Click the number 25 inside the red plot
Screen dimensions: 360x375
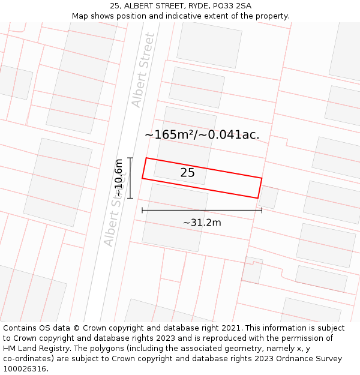click(x=187, y=173)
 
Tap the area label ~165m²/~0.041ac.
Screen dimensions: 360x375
click(x=202, y=134)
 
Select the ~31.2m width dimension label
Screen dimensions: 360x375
click(x=202, y=223)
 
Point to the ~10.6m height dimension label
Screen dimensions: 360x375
click(x=119, y=178)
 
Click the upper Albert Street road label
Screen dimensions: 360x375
click(x=143, y=70)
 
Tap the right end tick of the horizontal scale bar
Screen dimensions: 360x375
click(x=262, y=210)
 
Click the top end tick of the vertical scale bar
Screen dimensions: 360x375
click(x=130, y=158)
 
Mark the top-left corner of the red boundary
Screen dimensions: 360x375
click(x=146, y=158)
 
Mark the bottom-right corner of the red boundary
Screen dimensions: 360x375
click(x=257, y=198)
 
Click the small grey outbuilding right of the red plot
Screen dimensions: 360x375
click(x=268, y=197)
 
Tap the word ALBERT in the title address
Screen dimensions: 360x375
click(x=139, y=6)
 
